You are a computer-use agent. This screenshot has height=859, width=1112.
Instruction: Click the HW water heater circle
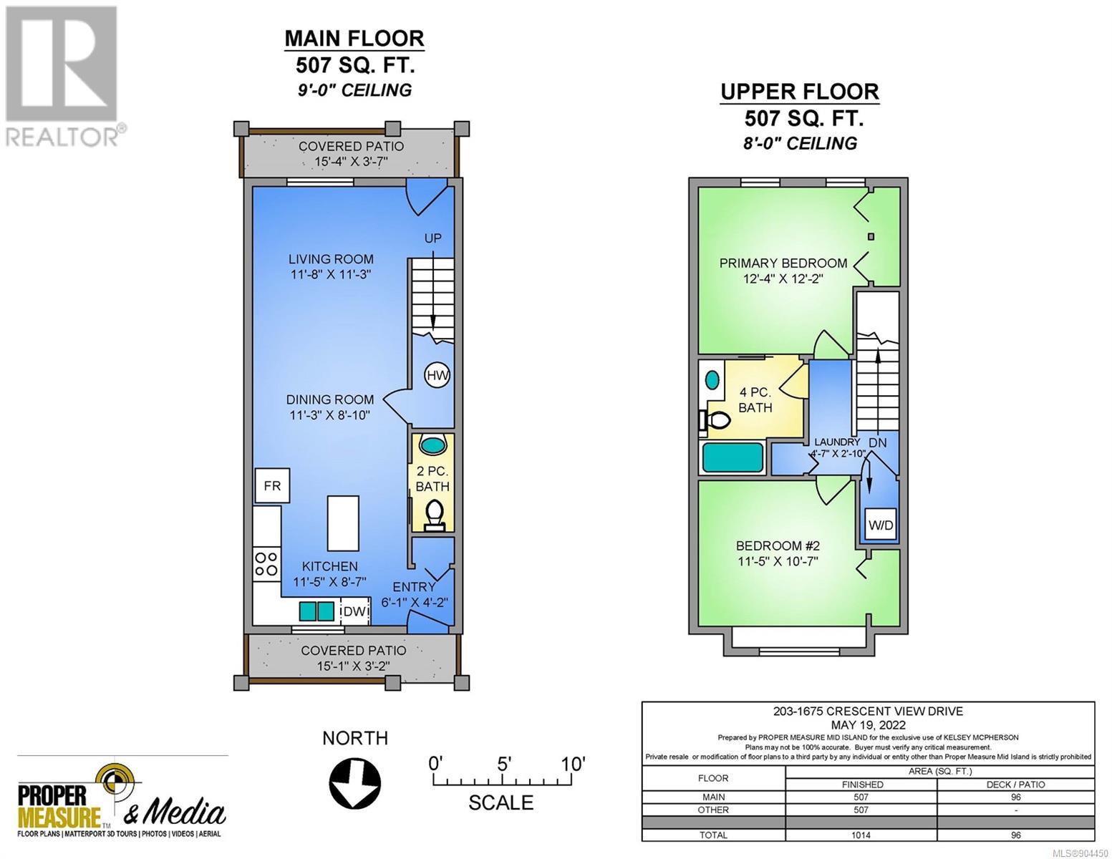click(x=437, y=376)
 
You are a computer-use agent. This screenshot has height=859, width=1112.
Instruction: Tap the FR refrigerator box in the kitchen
click(x=272, y=485)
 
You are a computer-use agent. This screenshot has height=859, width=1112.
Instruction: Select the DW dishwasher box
click(x=355, y=611)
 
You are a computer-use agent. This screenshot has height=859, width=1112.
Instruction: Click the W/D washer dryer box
click(x=881, y=525)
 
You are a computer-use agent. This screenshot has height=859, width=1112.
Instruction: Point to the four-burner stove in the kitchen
click(x=266, y=563)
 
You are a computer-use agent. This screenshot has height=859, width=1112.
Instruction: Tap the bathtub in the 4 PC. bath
click(x=733, y=457)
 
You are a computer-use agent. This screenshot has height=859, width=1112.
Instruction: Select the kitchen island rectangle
click(x=343, y=523)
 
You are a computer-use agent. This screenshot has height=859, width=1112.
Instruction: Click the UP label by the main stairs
click(x=432, y=238)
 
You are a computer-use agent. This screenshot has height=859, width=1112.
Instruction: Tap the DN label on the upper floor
click(x=878, y=442)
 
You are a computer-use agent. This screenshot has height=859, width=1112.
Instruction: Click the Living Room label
click(x=331, y=259)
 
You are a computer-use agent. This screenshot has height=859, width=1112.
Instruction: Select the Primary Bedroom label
click(x=783, y=263)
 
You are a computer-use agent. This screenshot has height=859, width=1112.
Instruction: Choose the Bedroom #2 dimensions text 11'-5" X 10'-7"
click(x=778, y=561)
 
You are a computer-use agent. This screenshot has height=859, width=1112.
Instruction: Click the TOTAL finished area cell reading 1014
click(x=861, y=835)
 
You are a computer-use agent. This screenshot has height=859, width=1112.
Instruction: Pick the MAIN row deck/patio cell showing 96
click(x=1016, y=797)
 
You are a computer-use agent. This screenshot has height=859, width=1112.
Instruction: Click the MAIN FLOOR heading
click(x=354, y=39)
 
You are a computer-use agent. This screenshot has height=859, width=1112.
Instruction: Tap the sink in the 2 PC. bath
click(x=433, y=444)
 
